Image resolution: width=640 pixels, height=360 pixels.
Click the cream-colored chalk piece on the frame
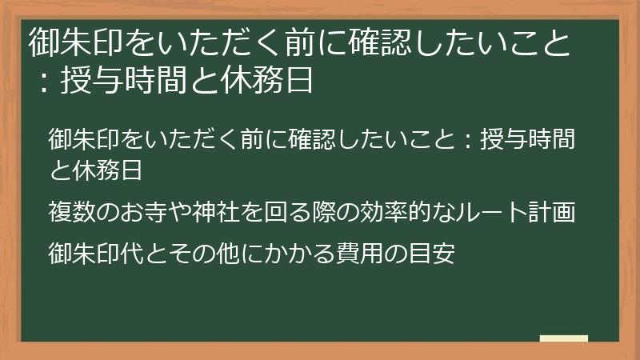(563, 338)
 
